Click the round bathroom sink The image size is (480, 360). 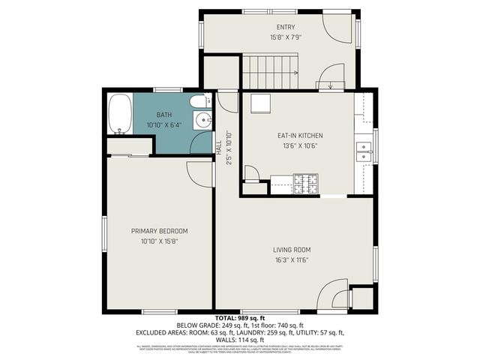(201, 121)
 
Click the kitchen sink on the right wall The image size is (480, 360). (364, 151)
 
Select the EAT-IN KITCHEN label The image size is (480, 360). (300, 136)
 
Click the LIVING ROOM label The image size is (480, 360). (292, 250)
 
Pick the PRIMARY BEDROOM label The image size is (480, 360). (159, 230)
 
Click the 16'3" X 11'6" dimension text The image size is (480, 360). (292, 259)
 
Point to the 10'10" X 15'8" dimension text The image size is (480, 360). (159, 241)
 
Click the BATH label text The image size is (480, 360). (163, 115)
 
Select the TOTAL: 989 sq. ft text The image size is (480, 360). (240, 318)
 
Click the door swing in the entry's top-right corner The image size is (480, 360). (338, 28)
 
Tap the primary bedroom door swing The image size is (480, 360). (200, 172)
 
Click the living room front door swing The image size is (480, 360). (334, 294)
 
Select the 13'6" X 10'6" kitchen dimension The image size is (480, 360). (300, 146)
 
